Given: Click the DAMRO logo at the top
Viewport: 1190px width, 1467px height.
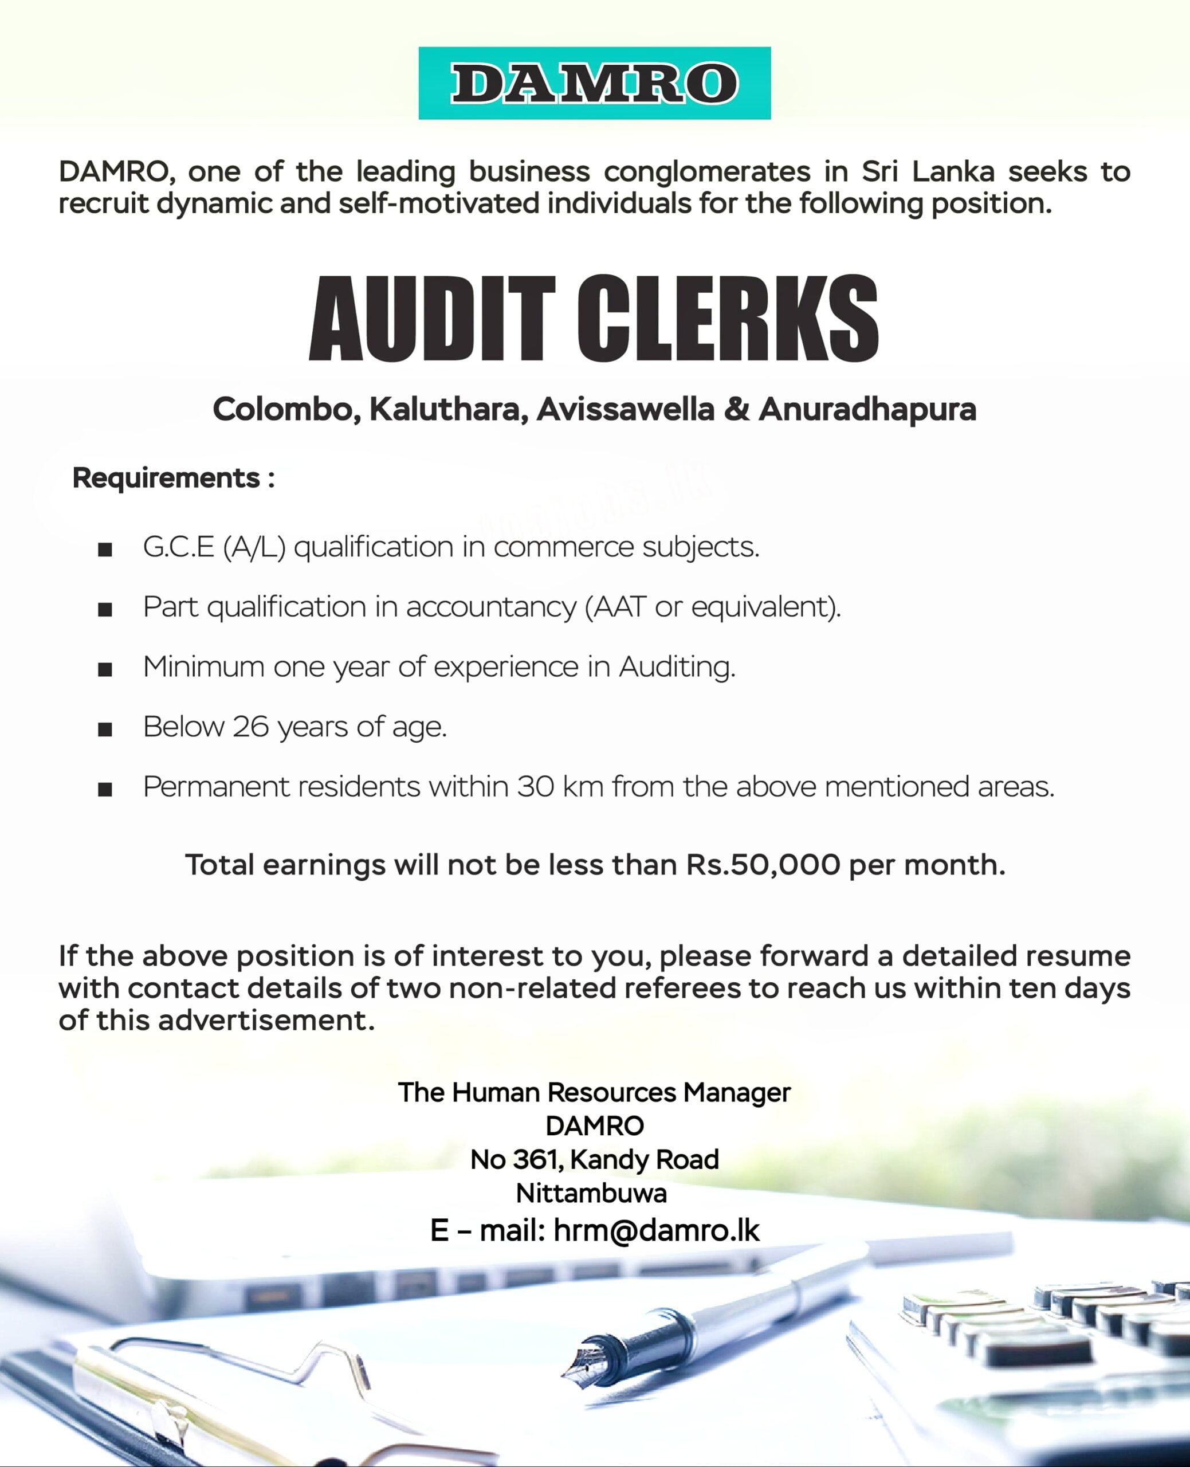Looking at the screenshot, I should pyautogui.click(x=594, y=83).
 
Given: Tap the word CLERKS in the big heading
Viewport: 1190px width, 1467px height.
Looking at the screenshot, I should pyautogui.click(x=727, y=319).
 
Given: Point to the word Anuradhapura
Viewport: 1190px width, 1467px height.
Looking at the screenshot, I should pyautogui.click(x=867, y=409).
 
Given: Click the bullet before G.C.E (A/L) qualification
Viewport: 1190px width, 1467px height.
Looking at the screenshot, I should pyautogui.click(x=105, y=549).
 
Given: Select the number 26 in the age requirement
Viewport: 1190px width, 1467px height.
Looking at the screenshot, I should pyautogui.click(x=251, y=727).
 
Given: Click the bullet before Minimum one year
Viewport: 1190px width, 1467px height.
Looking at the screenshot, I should pyautogui.click(x=105, y=669).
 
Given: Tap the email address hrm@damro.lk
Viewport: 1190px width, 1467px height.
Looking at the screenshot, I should pyautogui.click(x=656, y=1230).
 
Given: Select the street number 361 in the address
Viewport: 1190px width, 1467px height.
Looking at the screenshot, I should pyautogui.click(x=537, y=1159).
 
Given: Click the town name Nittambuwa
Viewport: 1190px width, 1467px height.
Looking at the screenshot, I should pyautogui.click(x=591, y=1194).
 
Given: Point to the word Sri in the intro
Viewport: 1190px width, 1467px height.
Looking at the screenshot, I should pyautogui.click(x=879, y=171).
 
